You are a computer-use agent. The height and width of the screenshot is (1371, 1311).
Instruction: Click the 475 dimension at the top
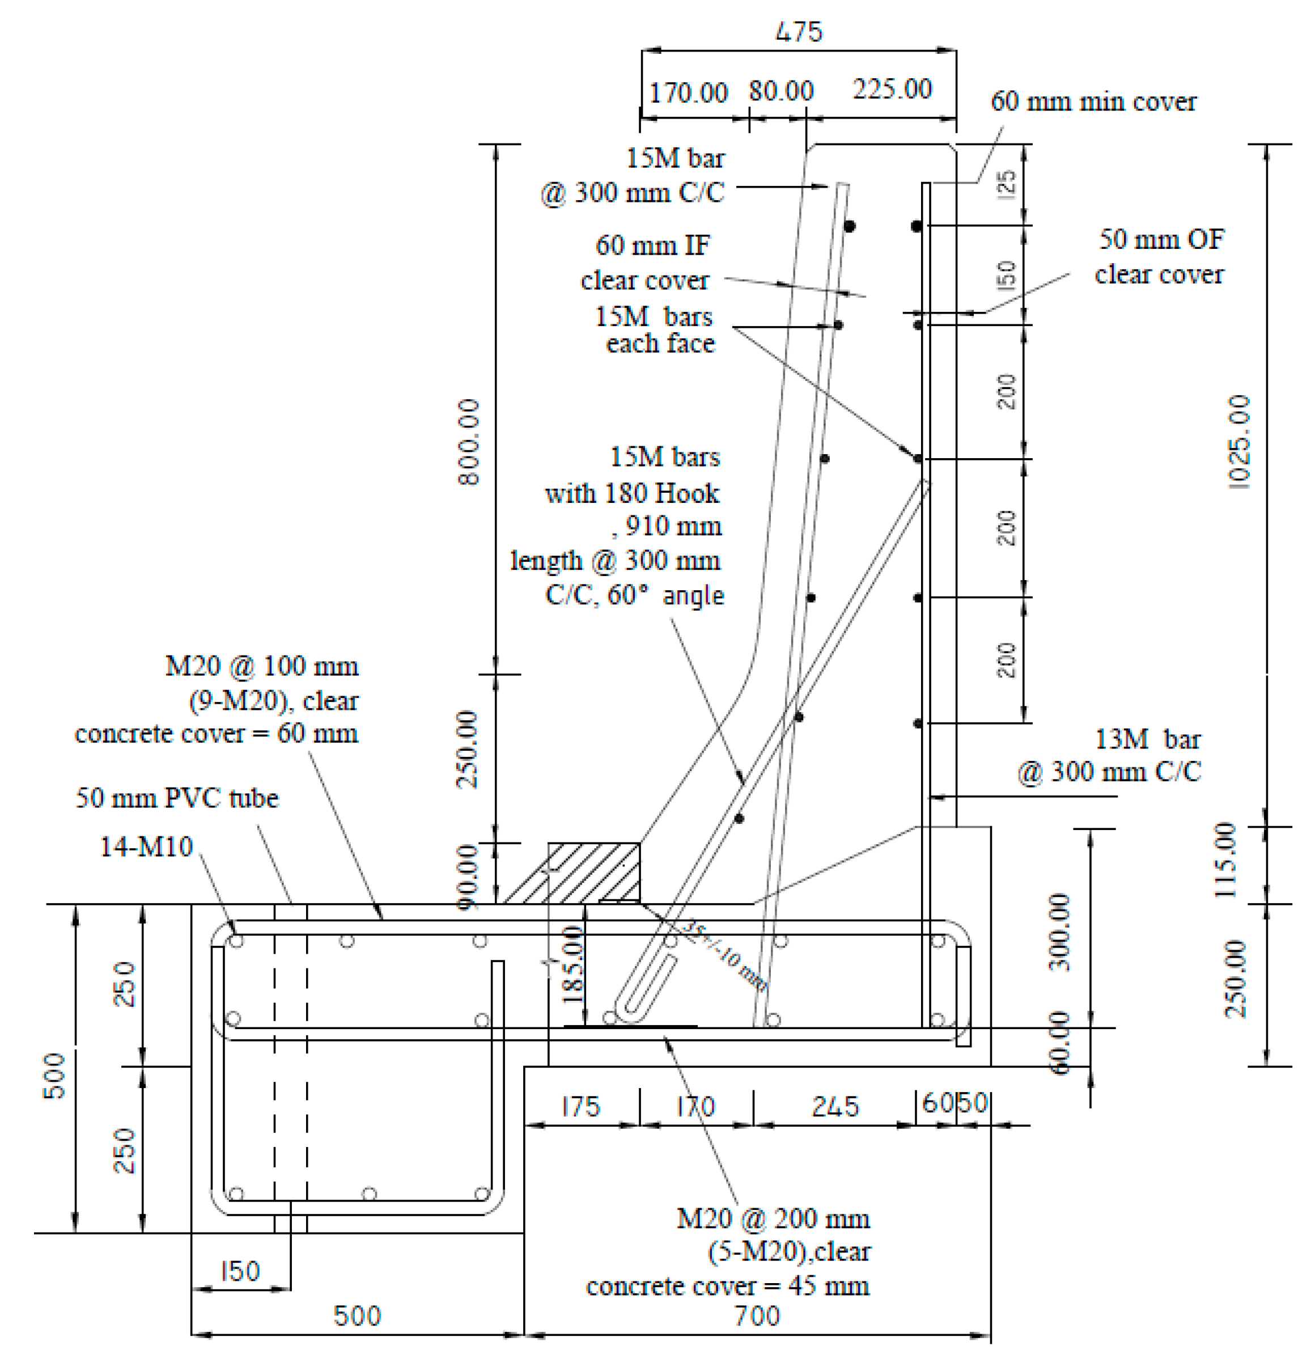[799, 32]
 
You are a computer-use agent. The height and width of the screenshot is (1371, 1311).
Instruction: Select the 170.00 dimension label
[688, 93]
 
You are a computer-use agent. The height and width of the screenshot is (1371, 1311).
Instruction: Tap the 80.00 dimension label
[781, 91]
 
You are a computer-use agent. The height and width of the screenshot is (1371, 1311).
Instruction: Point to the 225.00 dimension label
[892, 90]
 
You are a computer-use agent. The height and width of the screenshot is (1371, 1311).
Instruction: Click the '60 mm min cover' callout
[1093, 102]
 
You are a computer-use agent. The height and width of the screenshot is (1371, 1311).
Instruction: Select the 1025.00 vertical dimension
[1240, 441]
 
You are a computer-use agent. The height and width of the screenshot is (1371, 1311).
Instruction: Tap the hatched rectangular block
[593, 873]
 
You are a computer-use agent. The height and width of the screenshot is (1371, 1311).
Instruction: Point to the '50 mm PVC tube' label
[177, 798]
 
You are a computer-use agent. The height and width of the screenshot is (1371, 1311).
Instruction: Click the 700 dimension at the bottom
[757, 1317]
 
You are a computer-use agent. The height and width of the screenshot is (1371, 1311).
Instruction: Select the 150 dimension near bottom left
[240, 1270]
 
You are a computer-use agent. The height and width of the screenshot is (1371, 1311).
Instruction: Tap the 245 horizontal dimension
[834, 1106]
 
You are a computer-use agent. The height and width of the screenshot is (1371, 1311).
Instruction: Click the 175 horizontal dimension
[581, 1106]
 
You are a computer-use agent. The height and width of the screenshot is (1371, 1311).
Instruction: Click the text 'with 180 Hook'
[632, 494]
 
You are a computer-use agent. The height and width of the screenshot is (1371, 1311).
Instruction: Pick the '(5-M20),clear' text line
[789, 1251]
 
